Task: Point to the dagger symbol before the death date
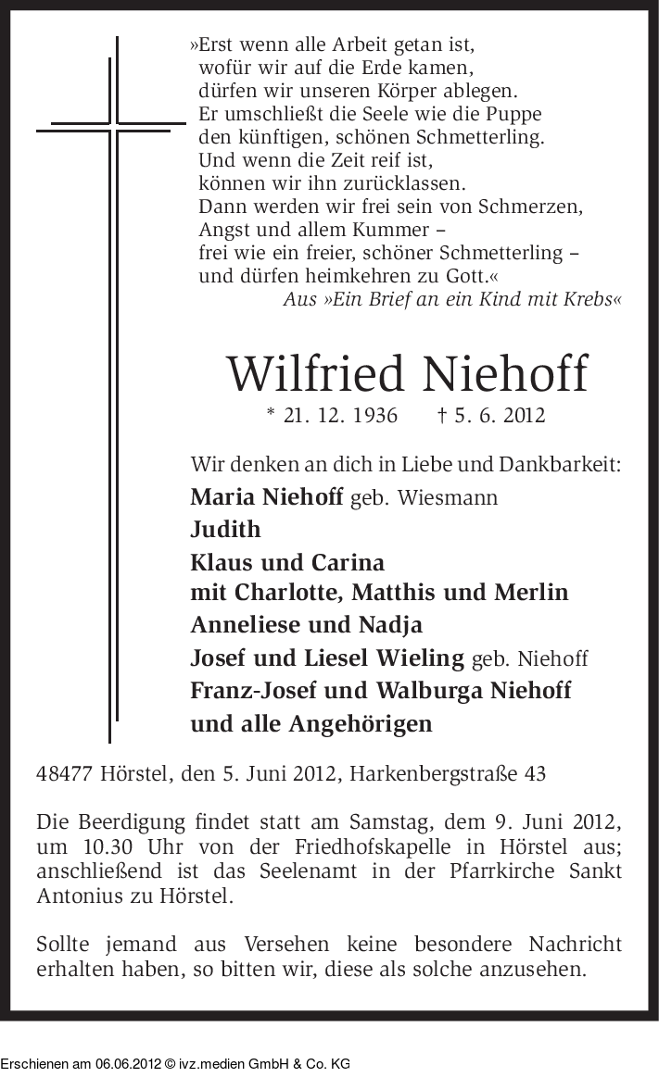(x=443, y=415)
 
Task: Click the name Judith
(x=225, y=530)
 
